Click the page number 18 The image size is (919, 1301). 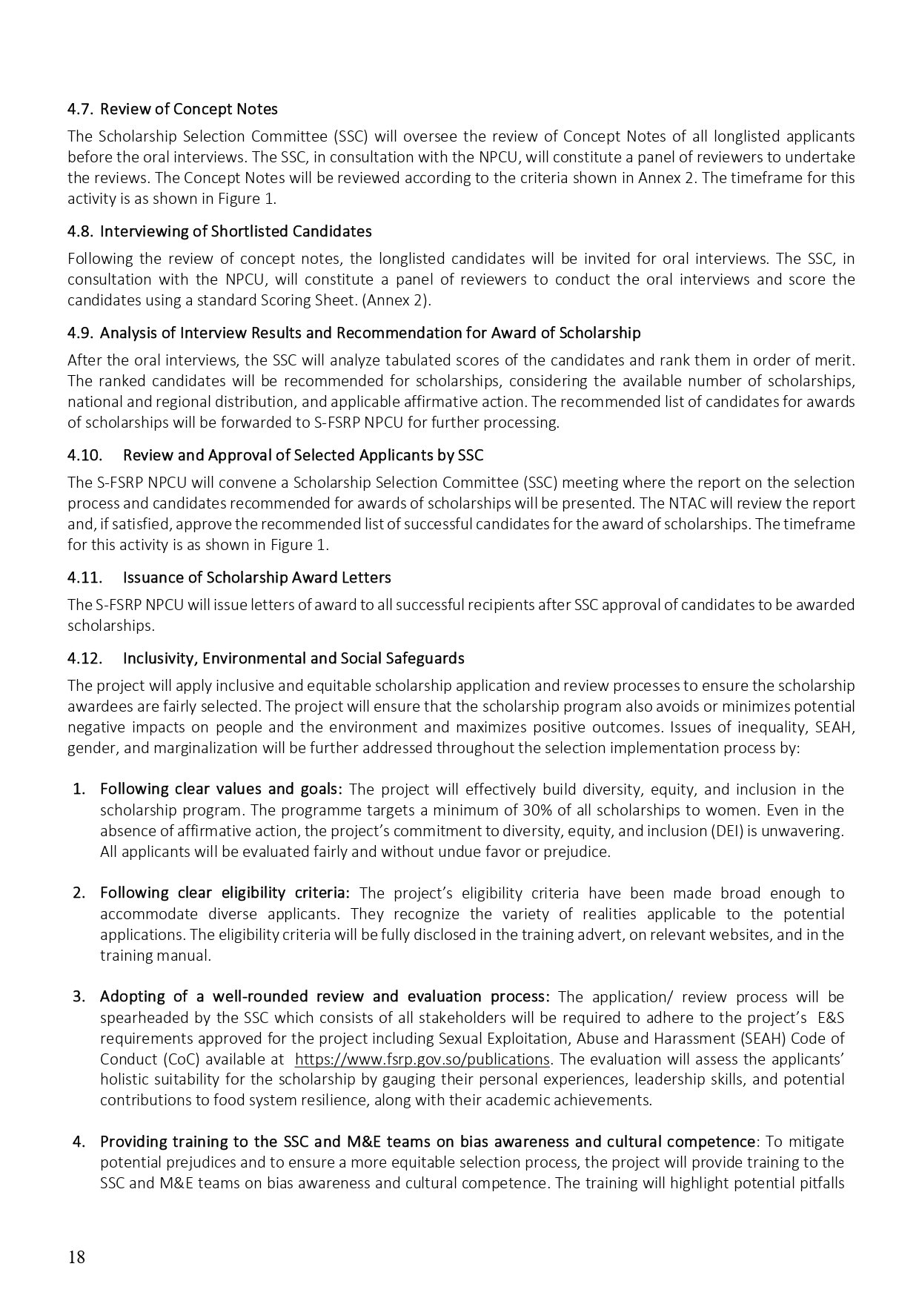click(x=76, y=1257)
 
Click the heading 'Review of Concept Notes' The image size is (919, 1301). click(x=189, y=109)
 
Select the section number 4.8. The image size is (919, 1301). click(x=79, y=231)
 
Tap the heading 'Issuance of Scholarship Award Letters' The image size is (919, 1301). click(x=256, y=577)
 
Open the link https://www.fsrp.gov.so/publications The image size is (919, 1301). click(x=422, y=1059)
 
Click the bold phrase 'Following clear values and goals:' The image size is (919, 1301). click(x=221, y=789)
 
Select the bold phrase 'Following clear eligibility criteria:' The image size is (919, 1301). click(x=225, y=893)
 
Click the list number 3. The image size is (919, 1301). click(x=79, y=996)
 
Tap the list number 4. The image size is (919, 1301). click(x=79, y=1141)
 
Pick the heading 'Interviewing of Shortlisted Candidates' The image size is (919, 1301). click(x=236, y=231)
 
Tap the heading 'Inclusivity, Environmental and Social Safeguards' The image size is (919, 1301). click(x=293, y=658)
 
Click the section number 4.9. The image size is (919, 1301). click(x=79, y=333)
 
